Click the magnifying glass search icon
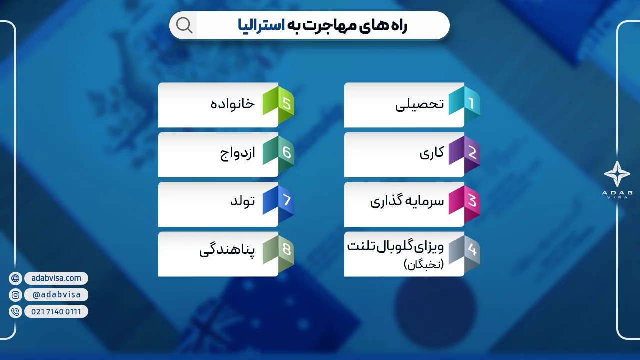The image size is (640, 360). click(x=184, y=25)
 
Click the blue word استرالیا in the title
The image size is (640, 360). click(x=261, y=26)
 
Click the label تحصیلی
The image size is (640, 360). click(x=419, y=105)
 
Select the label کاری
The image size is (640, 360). click(x=432, y=153)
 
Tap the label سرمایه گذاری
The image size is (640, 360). click(x=407, y=202)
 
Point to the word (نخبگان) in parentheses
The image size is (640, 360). click(x=424, y=265)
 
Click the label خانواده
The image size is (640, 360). click(x=232, y=104)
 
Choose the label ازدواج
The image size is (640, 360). click(x=238, y=153)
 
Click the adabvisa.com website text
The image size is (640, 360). click(x=56, y=278)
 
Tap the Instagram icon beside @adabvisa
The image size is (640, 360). click(x=15, y=295)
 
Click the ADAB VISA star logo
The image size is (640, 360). click(x=617, y=174)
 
